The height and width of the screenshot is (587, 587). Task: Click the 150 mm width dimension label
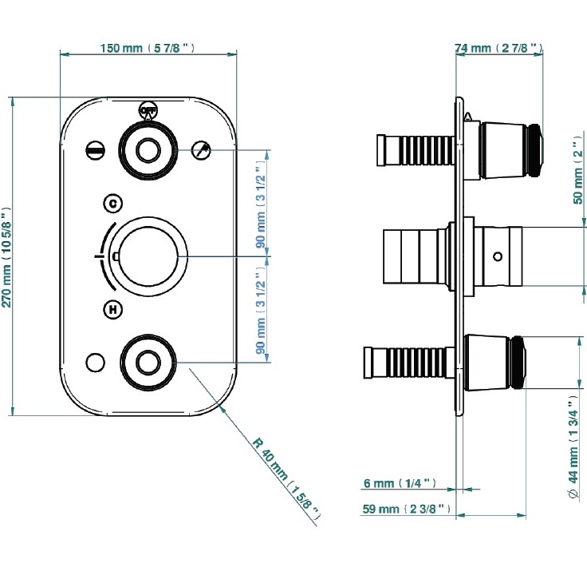[148, 49]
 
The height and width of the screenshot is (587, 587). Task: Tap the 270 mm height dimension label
[7, 256]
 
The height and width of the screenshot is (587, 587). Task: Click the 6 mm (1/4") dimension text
[398, 483]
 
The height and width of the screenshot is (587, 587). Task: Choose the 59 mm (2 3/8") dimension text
[406, 508]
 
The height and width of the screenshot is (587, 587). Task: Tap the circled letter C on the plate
[113, 203]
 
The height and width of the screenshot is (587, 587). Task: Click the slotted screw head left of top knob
[95, 149]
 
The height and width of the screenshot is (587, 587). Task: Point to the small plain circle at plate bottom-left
[95, 363]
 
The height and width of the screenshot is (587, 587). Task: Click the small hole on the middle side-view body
[498, 256]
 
